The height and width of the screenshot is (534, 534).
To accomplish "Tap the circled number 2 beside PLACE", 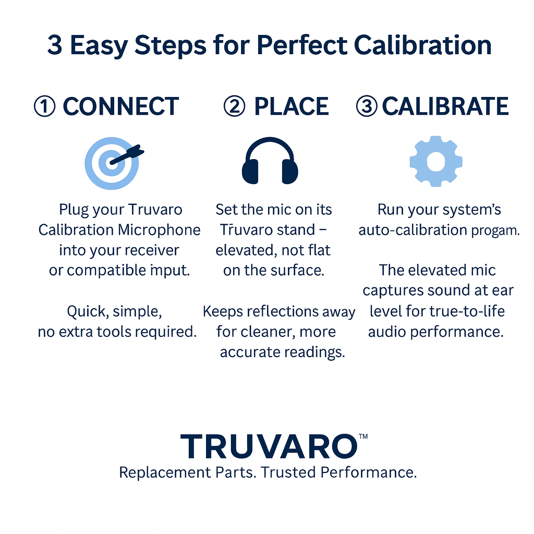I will tap(234, 107).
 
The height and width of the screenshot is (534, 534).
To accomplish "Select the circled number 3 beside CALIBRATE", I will tap(368, 107).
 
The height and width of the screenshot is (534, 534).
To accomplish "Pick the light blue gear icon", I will tap(436, 162).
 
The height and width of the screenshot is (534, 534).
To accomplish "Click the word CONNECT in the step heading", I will tap(120, 107).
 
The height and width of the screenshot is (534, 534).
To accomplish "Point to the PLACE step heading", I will tap(291, 107).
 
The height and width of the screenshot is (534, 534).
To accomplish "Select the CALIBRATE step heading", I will tap(445, 107).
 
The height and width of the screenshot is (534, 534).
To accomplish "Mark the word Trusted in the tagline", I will tap(288, 472).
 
